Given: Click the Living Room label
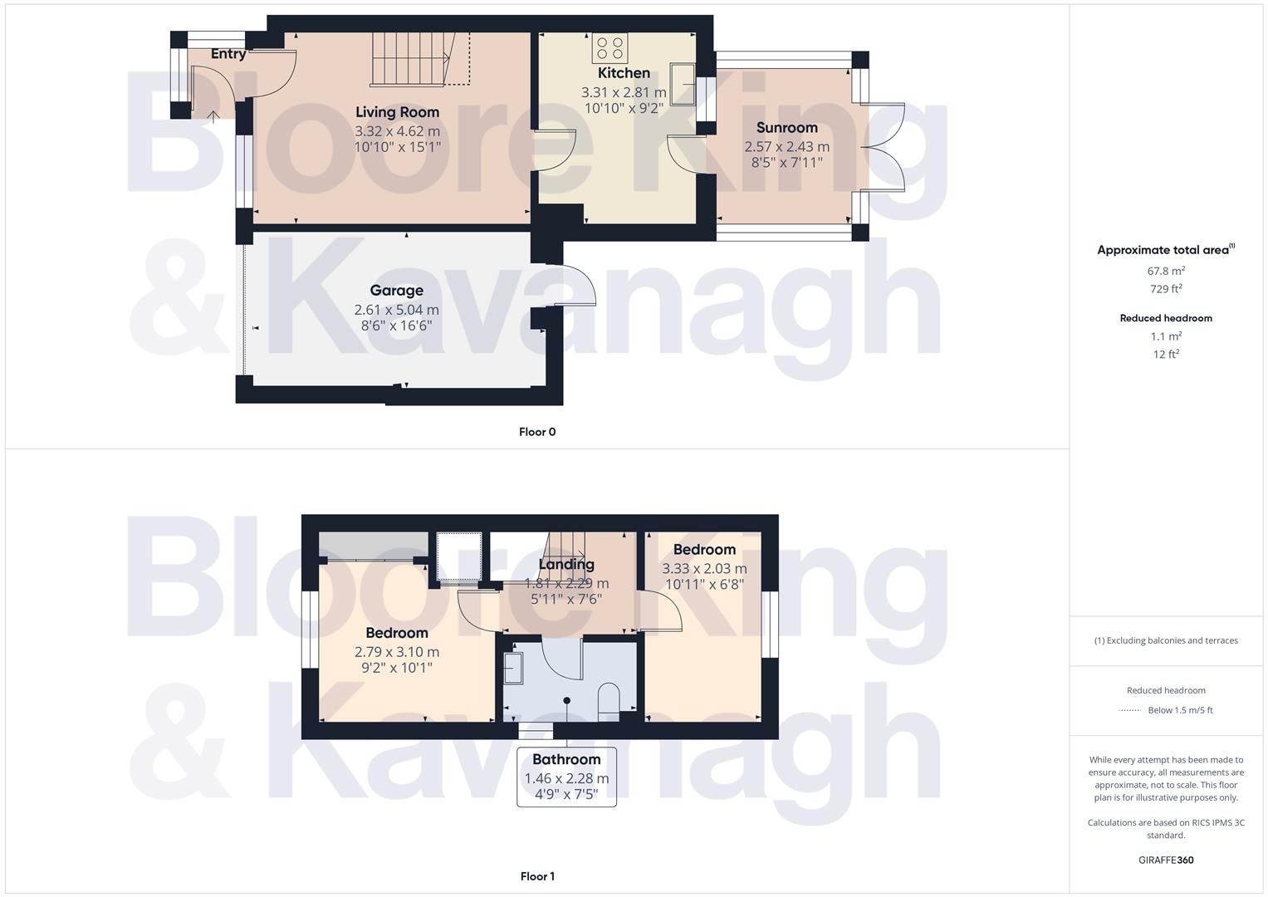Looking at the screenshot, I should coord(397,112).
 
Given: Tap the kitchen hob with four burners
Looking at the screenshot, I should coord(610,48).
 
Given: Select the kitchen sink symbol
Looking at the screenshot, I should coord(683,84).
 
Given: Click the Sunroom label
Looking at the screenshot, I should coord(786,128).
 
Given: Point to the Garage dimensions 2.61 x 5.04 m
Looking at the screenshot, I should coord(396,310).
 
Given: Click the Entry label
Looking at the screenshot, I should coord(228,54).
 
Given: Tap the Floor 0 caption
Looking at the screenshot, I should coord(537,432).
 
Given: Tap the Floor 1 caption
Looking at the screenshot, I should coord(537,876).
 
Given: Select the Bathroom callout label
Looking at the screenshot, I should coord(566,759).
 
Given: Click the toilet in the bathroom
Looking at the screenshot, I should coord(609,698).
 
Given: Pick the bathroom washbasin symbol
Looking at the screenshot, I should coord(513,668).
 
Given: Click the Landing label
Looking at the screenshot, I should coord(566,565).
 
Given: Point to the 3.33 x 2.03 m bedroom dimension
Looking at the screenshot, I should coord(704,569).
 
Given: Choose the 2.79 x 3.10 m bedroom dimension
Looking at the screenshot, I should coord(397,652).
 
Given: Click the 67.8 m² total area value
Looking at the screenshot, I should coord(1166,271).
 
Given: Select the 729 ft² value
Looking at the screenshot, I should coord(1166,289).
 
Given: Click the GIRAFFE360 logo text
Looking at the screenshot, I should coord(1166,860).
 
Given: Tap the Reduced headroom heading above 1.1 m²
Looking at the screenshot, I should coord(1166,318).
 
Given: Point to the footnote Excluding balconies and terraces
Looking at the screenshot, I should coord(1166,640).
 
